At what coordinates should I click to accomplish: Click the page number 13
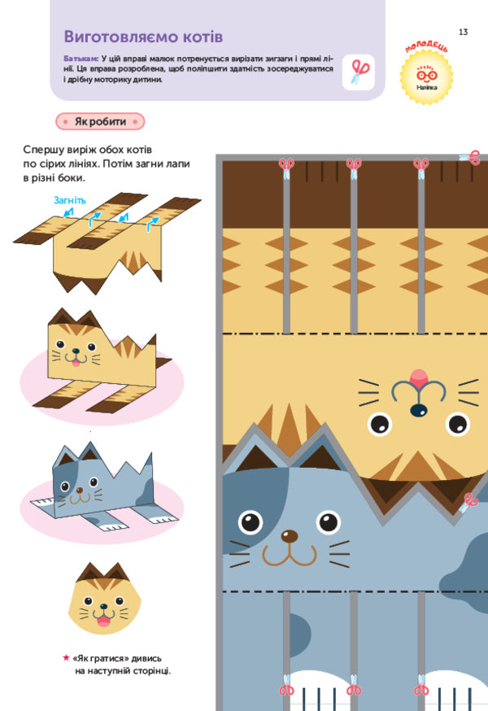pos(463,32)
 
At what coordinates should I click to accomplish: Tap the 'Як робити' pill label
pos(100,121)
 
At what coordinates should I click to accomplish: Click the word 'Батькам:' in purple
pos(81,59)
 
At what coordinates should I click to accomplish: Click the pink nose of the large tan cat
pos(419,377)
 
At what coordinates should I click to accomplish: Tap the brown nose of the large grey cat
pos(289,535)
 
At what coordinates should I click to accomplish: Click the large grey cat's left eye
pos(251,520)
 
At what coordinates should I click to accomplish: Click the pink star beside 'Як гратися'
pos(65,656)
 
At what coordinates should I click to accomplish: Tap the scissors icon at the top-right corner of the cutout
pos(471,157)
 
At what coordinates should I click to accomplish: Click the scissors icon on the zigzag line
pos(471,502)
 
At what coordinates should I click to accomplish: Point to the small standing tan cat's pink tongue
pos(76,363)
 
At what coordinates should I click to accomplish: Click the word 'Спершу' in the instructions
pos(47,150)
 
